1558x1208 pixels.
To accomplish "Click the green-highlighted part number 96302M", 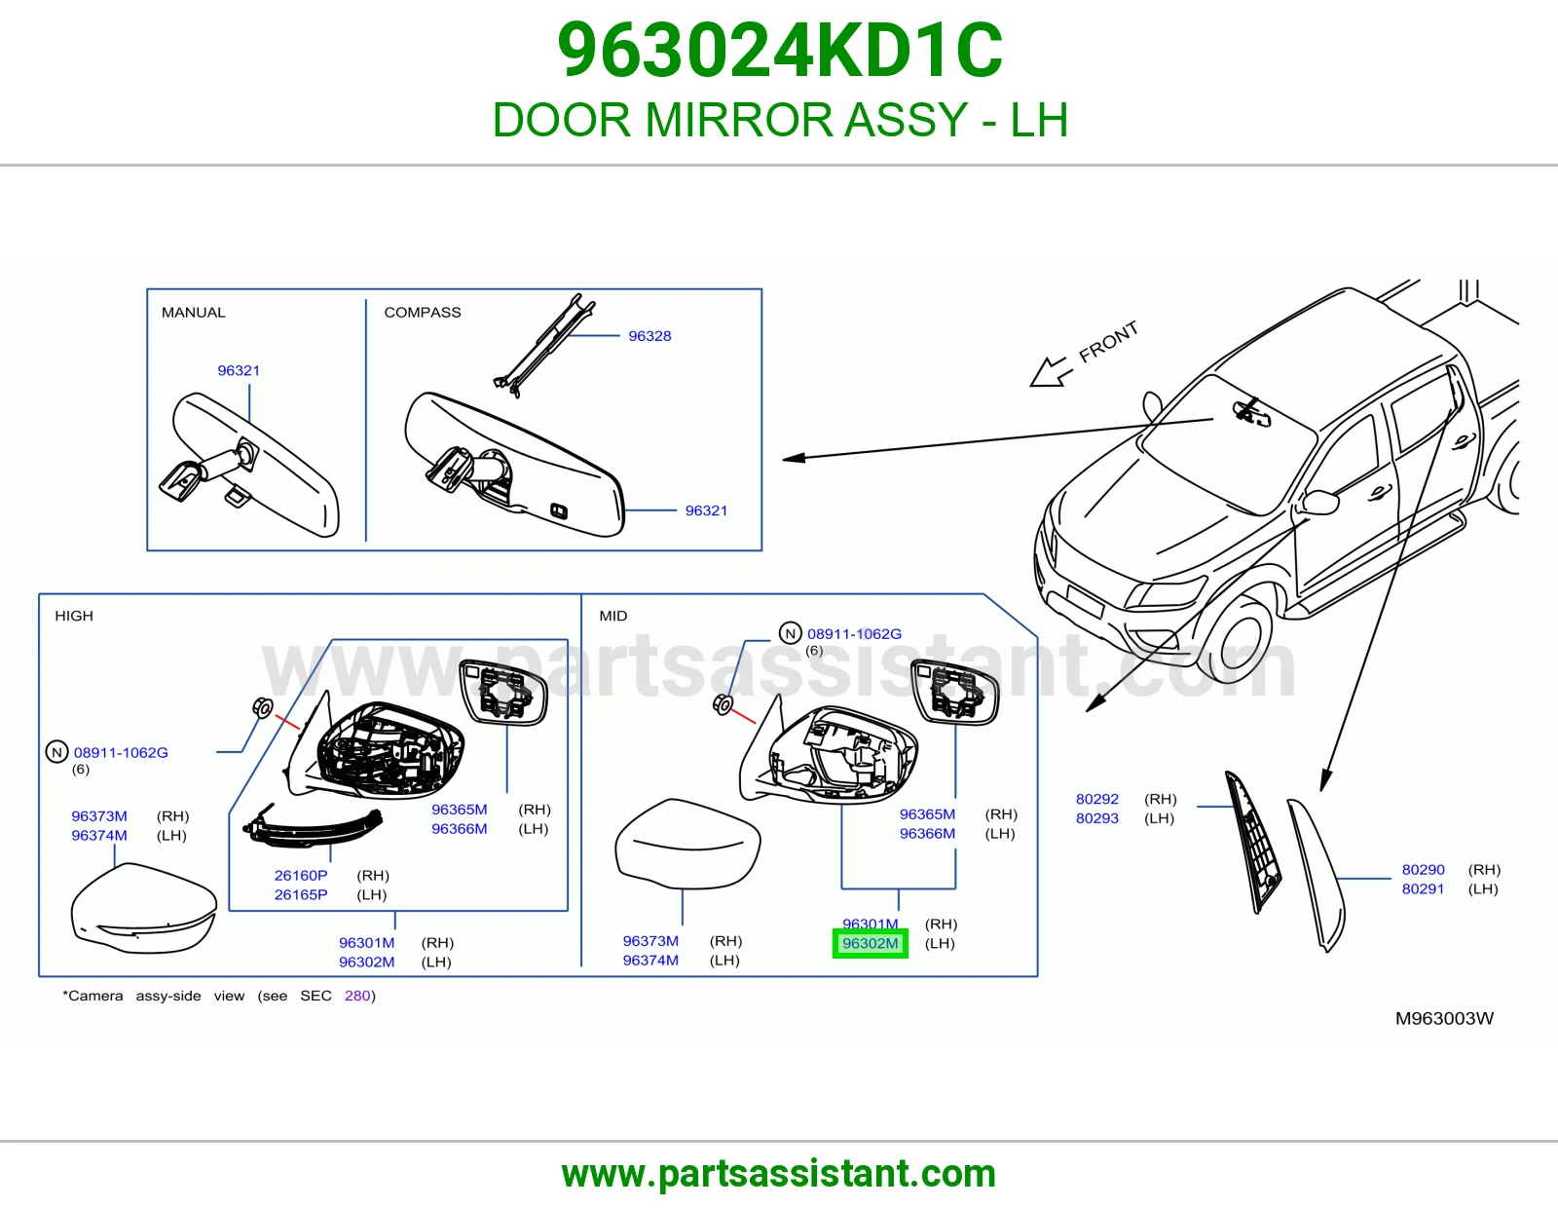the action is (870, 943).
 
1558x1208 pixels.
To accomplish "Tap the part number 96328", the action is (649, 336).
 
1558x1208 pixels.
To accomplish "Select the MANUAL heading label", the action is (193, 312).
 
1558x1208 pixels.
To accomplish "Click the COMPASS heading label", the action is (423, 312).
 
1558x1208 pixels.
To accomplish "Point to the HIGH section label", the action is (74, 616).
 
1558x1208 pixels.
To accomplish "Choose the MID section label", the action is (613, 616).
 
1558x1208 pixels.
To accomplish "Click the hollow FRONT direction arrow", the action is (1051, 371).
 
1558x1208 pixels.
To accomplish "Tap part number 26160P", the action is (301, 875).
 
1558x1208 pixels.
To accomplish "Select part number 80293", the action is (1097, 817).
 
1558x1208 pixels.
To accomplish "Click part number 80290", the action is (1424, 869).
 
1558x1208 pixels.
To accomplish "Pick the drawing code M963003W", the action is (1444, 1019).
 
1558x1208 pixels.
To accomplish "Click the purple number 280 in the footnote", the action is (357, 996).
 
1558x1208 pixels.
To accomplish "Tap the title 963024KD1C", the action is (779, 51).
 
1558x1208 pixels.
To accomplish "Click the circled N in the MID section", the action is (790, 633).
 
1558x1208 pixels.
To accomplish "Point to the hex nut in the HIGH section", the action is (262, 708).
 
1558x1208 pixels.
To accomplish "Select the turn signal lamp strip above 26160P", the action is (314, 827).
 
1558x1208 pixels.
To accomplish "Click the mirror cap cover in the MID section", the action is (686, 844).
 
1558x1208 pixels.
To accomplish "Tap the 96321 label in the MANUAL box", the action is (239, 370).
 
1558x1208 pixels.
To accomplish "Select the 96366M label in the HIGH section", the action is (459, 828).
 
